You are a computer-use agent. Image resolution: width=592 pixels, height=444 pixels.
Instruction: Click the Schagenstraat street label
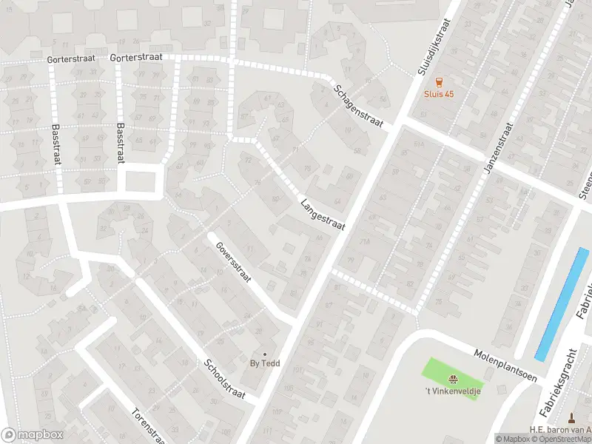(x=358, y=107)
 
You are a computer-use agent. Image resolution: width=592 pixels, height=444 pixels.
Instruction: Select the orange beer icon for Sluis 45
(x=439, y=82)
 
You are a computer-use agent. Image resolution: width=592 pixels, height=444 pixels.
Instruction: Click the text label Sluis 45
(x=439, y=94)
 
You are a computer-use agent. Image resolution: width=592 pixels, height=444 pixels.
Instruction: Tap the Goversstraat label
(x=233, y=263)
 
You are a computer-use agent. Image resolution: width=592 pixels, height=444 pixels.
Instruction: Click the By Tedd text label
(x=264, y=364)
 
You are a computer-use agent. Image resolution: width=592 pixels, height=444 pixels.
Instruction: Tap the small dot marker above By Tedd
(x=264, y=354)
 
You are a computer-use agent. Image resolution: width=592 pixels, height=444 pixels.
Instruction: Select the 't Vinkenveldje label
(x=452, y=391)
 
